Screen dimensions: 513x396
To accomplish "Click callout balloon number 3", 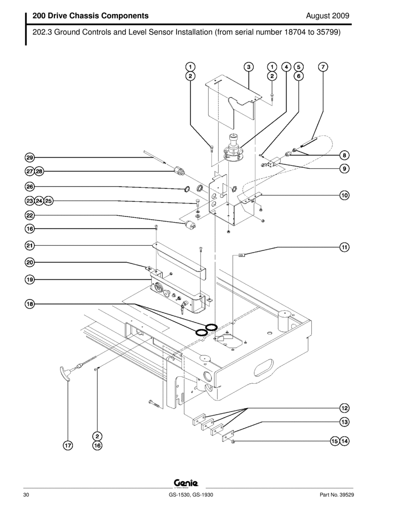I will point(249,66).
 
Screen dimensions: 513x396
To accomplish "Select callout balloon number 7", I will point(323,66).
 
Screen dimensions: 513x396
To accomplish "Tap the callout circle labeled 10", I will point(344,195).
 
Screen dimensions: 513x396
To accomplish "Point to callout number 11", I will point(344,247).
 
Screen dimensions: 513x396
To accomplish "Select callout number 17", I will point(68,446).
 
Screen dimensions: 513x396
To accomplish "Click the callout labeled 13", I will point(344,422).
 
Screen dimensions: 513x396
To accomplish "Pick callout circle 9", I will point(344,168).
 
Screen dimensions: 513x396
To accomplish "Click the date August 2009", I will point(328,16).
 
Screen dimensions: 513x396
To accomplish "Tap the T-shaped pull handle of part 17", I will point(65,373).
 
